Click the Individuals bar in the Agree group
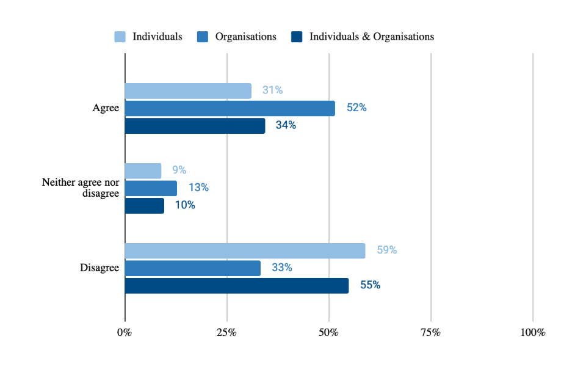click(x=188, y=90)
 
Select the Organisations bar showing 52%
click(x=230, y=108)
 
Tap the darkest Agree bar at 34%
click(x=195, y=126)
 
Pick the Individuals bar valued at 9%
click(x=143, y=170)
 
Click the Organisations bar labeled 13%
click(x=151, y=188)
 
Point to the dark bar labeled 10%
click(x=145, y=206)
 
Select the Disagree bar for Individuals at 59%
click(x=245, y=250)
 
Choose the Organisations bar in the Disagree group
click(x=193, y=268)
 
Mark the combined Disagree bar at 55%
click(x=237, y=285)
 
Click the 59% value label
click(x=387, y=250)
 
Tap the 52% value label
click(x=356, y=108)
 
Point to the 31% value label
click(x=272, y=90)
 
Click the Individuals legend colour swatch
click(x=120, y=37)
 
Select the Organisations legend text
click(x=245, y=37)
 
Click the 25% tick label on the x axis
click(x=227, y=332)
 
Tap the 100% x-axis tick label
click(x=532, y=332)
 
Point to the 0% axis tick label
click(x=125, y=332)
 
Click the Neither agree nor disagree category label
click(x=81, y=188)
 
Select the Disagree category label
click(x=99, y=268)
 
